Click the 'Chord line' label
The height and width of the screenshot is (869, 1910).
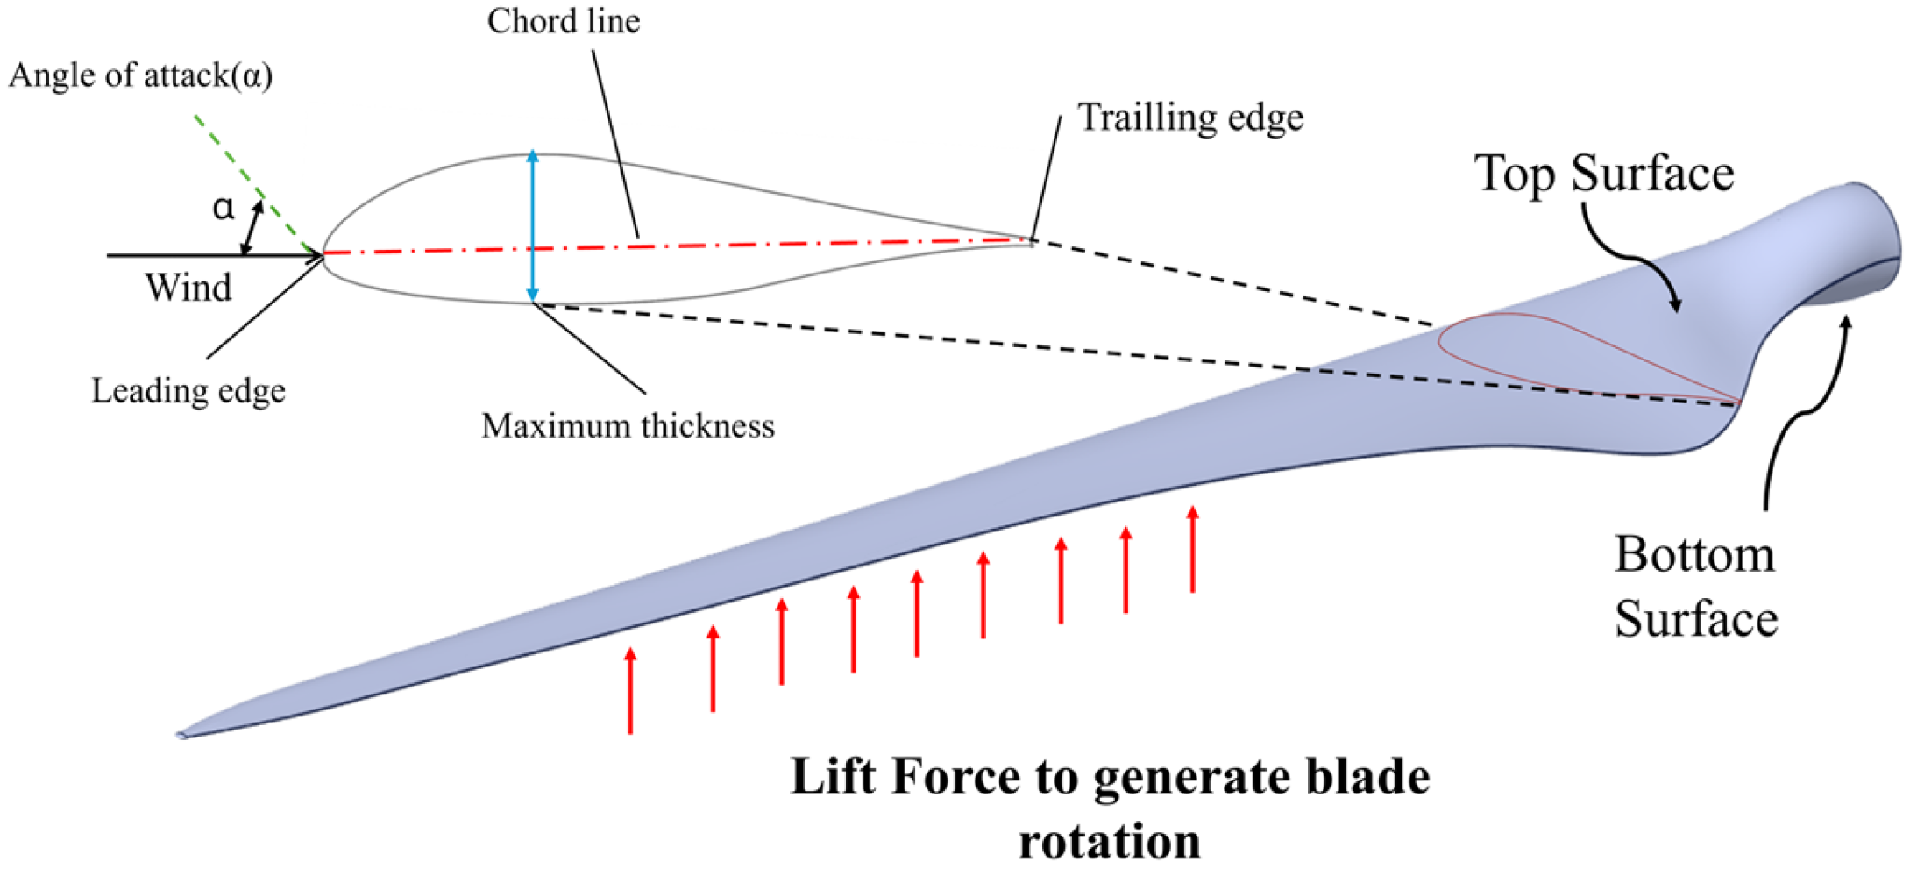[x=564, y=21]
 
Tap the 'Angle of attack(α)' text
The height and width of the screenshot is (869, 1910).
[x=140, y=75]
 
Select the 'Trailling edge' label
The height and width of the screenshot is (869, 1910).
[x=1190, y=118]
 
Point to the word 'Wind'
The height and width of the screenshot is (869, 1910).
[x=188, y=288]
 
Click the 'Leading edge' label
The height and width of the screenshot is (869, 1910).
[x=188, y=390]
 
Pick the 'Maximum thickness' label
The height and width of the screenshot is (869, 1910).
[x=628, y=426]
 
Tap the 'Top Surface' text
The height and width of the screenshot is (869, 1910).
[x=1603, y=173]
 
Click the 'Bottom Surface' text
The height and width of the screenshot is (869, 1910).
[x=1694, y=586]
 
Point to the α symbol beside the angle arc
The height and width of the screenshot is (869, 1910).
[x=224, y=208]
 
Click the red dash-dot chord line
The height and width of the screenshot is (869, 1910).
[x=701, y=247]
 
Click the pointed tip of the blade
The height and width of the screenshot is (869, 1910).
[x=182, y=735]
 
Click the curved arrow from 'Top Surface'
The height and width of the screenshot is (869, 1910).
[x=1630, y=254]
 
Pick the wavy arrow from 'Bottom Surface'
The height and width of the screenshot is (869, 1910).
[x=1806, y=412]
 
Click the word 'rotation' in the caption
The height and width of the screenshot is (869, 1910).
[x=1109, y=842]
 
